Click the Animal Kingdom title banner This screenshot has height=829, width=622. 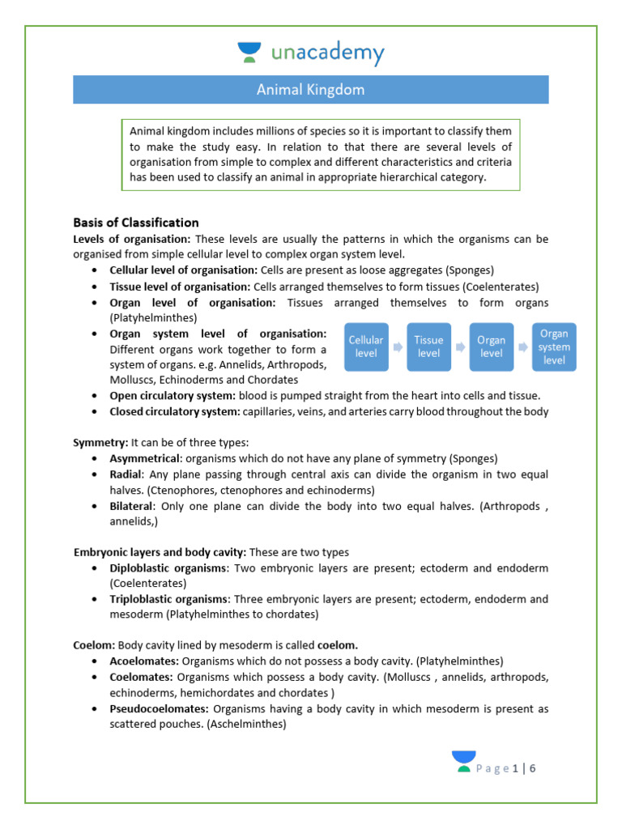(311, 90)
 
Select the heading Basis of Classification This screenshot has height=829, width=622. (135, 223)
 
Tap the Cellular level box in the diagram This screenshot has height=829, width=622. (366, 346)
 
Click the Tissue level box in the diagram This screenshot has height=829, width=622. (428, 346)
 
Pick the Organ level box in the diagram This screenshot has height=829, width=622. (491, 346)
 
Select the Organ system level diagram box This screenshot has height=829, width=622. (554, 346)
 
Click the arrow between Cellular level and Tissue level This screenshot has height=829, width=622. (398, 346)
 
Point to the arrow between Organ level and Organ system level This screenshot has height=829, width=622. (522, 346)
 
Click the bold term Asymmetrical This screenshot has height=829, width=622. (145, 458)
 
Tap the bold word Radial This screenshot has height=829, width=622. (126, 474)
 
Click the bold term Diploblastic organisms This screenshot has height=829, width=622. (168, 568)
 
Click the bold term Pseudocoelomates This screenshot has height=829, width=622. (159, 709)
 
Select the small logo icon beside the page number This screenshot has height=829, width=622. (464, 761)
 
